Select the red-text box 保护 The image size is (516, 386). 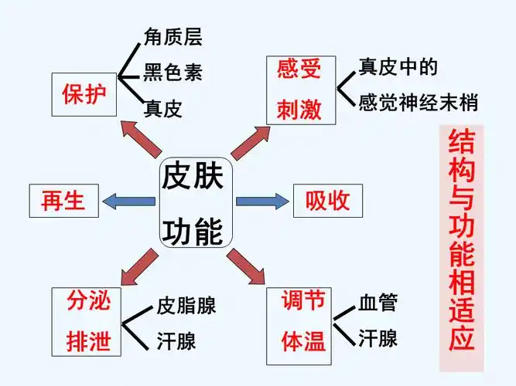click(x=84, y=94)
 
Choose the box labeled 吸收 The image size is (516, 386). click(x=327, y=201)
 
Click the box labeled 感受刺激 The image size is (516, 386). click(x=299, y=90)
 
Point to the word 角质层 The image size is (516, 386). click(x=173, y=36)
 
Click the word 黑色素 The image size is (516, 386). click(x=173, y=73)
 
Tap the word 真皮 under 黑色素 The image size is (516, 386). click(x=162, y=109)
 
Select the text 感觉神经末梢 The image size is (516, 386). click(x=418, y=102)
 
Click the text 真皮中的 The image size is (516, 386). click(x=398, y=67)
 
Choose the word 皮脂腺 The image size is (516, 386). click(x=186, y=305)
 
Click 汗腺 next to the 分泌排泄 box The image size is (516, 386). click(x=176, y=340)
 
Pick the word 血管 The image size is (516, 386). click(x=378, y=303)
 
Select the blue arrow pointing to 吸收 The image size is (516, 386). click(x=261, y=201)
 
